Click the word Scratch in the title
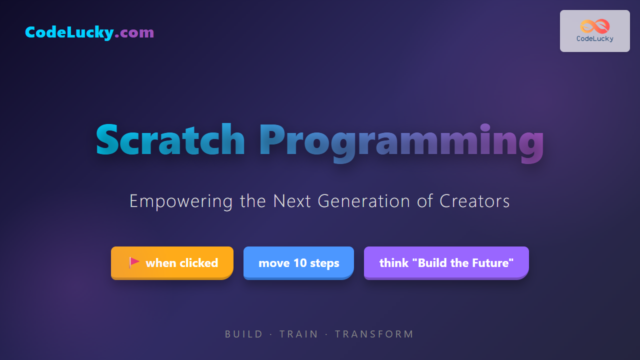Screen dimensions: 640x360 tap(170, 139)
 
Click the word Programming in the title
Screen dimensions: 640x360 tap(401, 143)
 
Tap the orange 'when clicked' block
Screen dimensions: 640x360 tap(172, 263)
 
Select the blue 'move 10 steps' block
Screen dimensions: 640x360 tap(298, 263)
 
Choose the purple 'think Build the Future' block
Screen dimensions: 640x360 tap(446, 263)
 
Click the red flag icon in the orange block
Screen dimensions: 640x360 tap(133, 262)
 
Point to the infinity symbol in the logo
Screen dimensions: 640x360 tap(595, 26)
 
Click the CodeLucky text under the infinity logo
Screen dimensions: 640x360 tap(595, 39)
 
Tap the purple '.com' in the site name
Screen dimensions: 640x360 tap(134, 32)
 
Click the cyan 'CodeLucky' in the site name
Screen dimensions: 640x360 tap(69, 32)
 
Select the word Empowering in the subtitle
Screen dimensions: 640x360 tap(181, 201)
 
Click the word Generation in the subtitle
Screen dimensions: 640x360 tap(364, 201)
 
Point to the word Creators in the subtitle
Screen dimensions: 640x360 tap(474, 201)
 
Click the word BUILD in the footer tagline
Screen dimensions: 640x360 tap(243, 334)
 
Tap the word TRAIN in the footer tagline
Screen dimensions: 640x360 tap(298, 334)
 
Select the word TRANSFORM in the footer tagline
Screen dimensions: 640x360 tap(374, 334)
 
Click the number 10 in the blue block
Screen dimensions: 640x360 tap(300, 263)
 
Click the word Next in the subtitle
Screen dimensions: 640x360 tap(291, 201)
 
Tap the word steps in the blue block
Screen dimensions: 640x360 tap(324, 263)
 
